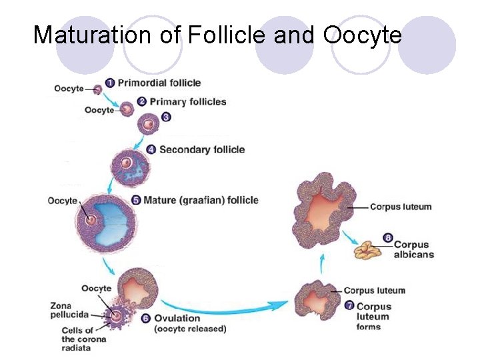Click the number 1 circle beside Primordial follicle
110,83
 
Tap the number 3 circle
166,117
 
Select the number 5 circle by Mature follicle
137,199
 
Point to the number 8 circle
389,237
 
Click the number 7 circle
350,306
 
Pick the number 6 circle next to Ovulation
147,318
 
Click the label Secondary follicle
202,149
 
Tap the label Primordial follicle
159,83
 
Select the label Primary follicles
188,102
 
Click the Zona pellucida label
65,310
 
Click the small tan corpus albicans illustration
367,250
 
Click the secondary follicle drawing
127,163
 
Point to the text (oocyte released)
190,329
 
